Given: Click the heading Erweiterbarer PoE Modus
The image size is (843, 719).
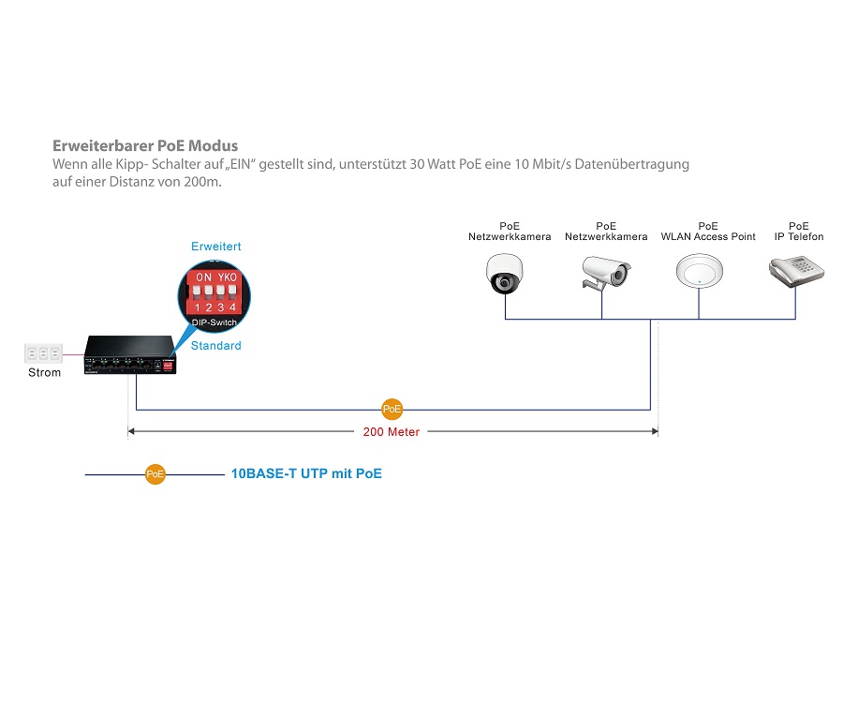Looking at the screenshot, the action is click(x=145, y=146).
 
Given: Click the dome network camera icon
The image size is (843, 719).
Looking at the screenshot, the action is click(x=504, y=274).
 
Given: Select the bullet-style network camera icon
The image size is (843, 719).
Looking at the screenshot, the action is click(x=606, y=273).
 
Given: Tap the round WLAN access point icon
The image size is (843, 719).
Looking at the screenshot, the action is click(x=700, y=271).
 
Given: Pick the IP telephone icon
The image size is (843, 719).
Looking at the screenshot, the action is click(x=796, y=271).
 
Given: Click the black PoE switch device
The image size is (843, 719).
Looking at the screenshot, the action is click(x=130, y=354).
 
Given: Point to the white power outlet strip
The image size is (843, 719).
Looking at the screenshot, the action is click(x=43, y=353).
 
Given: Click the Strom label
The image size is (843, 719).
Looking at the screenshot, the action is click(x=45, y=372).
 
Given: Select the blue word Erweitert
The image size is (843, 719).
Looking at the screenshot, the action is click(x=216, y=247).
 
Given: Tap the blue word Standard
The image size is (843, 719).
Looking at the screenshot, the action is click(x=216, y=346).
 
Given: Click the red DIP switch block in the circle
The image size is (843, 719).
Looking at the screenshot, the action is click(x=214, y=292).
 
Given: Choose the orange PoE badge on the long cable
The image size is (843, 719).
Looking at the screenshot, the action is click(x=392, y=409).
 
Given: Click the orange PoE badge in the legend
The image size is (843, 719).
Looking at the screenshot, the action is click(x=155, y=474).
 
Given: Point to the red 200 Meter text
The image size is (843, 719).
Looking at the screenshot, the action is click(x=392, y=431).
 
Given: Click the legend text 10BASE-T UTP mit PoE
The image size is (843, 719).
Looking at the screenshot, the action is click(x=306, y=473).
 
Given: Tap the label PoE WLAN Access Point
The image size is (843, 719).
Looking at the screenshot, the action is click(x=708, y=232).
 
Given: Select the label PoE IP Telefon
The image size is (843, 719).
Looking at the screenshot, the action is click(x=799, y=232).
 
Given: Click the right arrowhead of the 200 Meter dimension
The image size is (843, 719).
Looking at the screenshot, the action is click(x=655, y=431).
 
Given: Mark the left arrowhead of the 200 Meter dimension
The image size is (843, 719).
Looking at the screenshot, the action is click(x=131, y=431).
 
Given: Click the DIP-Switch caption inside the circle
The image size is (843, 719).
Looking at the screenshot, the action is click(x=214, y=322).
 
